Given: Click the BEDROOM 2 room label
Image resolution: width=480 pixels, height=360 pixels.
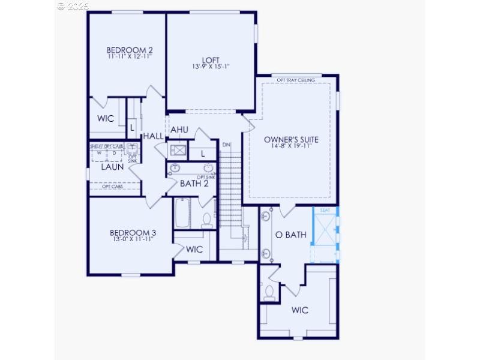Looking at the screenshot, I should coord(127,50).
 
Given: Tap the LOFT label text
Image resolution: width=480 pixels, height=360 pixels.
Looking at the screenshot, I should coord(211,59).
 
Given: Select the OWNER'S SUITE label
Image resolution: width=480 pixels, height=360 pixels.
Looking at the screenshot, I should coord(291,139).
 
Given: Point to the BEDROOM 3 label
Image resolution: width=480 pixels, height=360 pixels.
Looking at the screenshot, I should coord(133,233).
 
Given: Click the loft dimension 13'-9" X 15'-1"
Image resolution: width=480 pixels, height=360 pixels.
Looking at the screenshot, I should coord(211,67).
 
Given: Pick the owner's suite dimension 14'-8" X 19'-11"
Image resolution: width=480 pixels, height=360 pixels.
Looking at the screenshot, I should coord(291,146).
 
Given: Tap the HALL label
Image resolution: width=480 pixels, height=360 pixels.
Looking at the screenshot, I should coord(153,137).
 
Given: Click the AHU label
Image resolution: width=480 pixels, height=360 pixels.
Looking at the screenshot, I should coord(179,130).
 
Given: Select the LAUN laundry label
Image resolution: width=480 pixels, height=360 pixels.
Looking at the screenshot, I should coord(112,167).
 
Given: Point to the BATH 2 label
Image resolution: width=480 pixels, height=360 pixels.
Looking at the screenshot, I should coord(194,183).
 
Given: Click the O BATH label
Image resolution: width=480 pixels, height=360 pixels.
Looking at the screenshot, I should coord(291,235).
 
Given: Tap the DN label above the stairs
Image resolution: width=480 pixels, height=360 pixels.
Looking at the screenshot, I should coord(226,145).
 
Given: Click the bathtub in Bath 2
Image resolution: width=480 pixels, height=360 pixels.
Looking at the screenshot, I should coord(182,213).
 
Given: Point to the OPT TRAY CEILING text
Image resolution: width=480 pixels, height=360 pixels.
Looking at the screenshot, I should coord(296,80).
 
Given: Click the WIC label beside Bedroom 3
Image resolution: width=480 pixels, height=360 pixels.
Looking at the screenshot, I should coord(194,249).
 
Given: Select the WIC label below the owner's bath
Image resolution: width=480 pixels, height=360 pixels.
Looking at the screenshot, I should coord(300,310).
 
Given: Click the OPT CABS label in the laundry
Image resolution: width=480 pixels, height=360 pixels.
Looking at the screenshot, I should coord(112,187).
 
